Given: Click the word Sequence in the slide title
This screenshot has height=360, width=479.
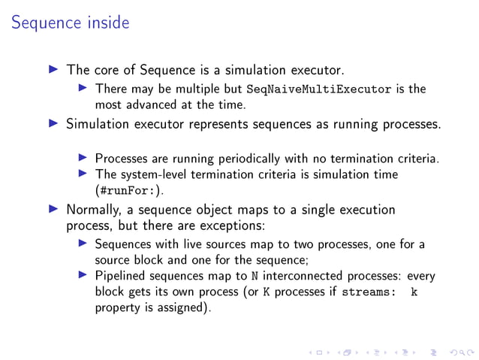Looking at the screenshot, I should click(x=43, y=23).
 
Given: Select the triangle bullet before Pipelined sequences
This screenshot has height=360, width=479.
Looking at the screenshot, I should click(x=83, y=276).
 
